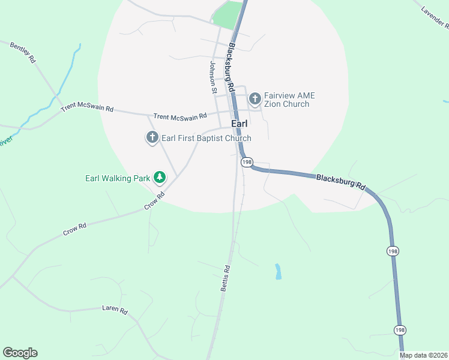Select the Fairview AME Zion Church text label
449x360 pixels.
(289, 100)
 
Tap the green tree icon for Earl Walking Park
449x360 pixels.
(160, 178)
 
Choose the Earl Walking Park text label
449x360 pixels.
(118, 178)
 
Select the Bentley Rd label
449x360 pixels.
(23, 53)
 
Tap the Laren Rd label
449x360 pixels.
(115, 310)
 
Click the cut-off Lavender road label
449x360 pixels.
(435, 18)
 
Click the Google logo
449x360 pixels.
(20, 353)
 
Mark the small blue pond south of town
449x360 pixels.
(278, 271)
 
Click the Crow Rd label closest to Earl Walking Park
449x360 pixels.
(154, 200)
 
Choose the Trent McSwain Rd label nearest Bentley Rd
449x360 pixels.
(87, 109)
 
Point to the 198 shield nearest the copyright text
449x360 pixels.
(400, 329)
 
